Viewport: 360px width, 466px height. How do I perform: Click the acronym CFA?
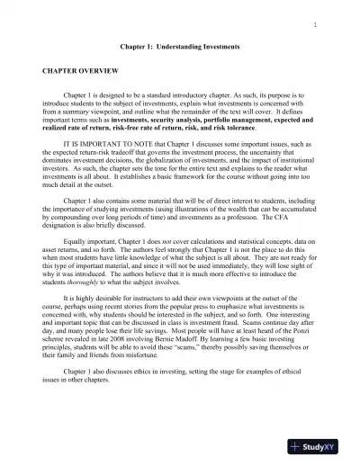pos(290,227)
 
